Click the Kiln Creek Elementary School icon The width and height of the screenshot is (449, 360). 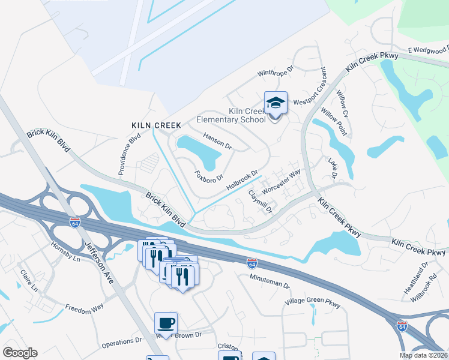click(276, 103)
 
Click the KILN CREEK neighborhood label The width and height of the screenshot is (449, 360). click(156, 125)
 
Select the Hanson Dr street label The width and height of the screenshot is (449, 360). click(217, 141)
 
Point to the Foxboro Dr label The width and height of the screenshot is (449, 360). click(209, 176)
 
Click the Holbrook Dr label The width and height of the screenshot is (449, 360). click(242, 181)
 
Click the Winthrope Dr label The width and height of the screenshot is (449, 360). click(275, 72)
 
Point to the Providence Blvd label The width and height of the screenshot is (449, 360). click(129, 154)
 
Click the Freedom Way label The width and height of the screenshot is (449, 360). click(85, 308)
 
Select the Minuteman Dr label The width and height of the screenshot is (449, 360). click(270, 281)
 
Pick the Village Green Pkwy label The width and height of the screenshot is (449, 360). click(312, 304)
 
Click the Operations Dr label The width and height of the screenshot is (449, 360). click(121, 342)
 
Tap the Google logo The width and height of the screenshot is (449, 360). click(20, 353)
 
